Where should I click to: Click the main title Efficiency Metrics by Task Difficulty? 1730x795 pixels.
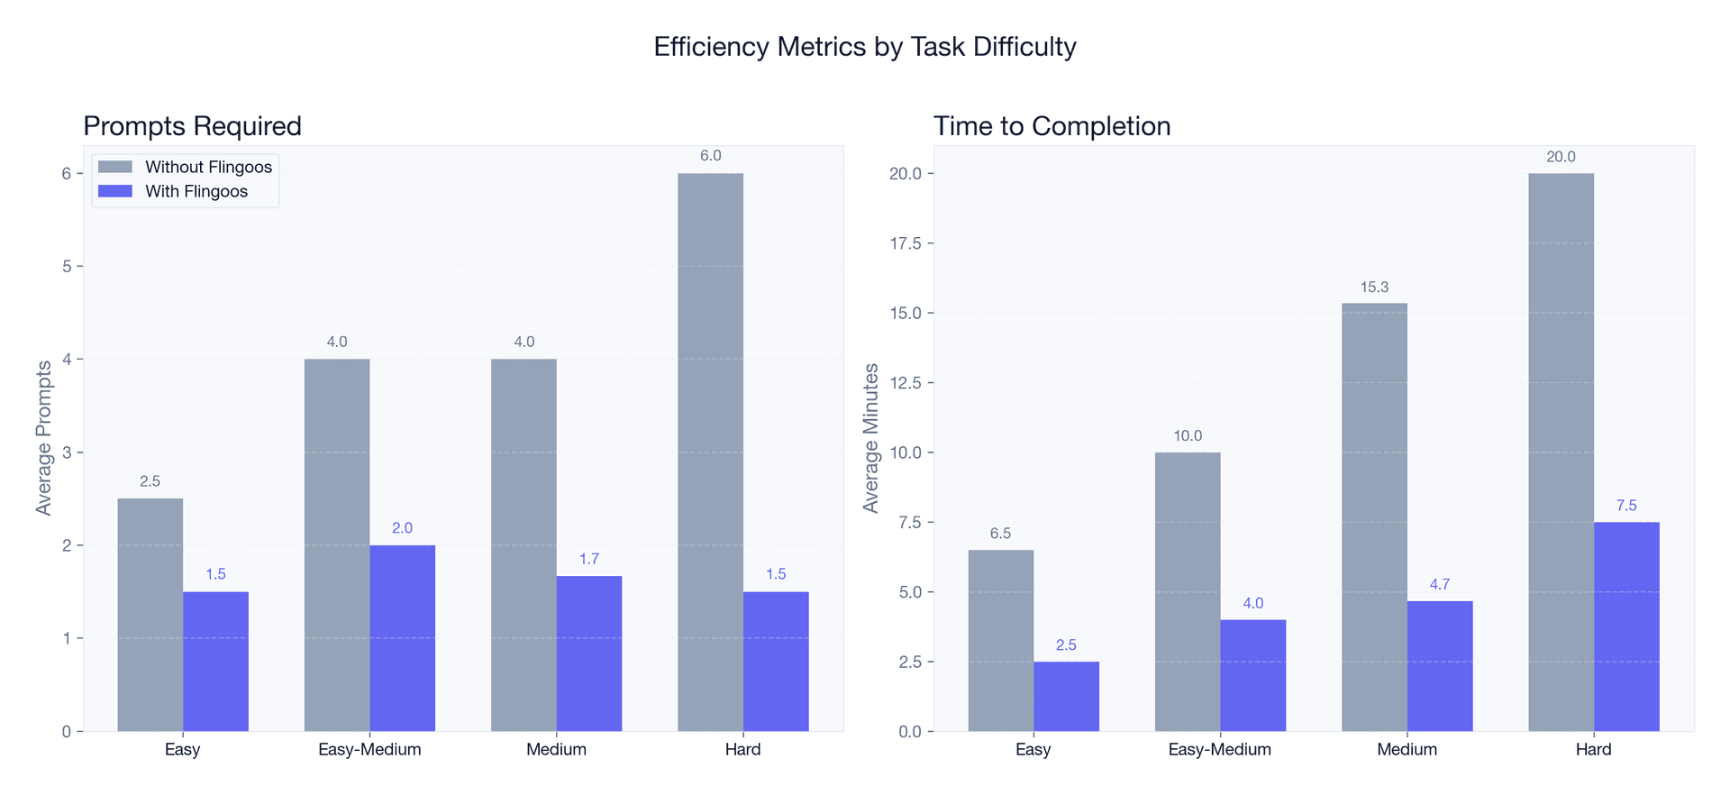pyautogui.click(x=864, y=47)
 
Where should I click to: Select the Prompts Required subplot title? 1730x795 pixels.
pyautogui.click(x=192, y=126)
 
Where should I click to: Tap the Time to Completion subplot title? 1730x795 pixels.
pyautogui.click(x=1052, y=126)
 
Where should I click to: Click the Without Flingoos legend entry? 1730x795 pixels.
pyautogui.click(x=207, y=168)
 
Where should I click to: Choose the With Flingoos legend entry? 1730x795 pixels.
pyautogui.click(x=196, y=192)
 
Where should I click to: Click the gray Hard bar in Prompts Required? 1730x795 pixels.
pyautogui.click(x=710, y=451)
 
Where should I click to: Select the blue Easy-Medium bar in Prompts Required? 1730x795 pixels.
pyautogui.click(x=402, y=638)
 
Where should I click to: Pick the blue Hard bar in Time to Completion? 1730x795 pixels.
pyautogui.click(x=1625, y=626)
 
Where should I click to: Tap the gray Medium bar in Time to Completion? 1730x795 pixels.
pyautogui.click(x=1374, y=517)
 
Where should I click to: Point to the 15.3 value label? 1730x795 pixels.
pyautogui.click(x=1374, y=288)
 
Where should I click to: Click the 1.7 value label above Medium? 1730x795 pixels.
pyautogui.click(x=588, y=560)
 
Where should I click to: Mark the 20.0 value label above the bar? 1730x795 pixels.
pyautogui.click(x=1561, y=157)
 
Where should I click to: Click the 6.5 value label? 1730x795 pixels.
pyautogui.click(x=1000, y=534)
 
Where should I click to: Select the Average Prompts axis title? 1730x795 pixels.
pyautogui.click(x=43, y=438)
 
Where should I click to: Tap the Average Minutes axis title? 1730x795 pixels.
pyautogui.click(x=870, y=438)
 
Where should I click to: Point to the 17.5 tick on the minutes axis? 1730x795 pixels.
pyautogui.click(x=906, y=243)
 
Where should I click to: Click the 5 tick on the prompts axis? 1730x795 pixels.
pyautogui.click(x=67, y=267)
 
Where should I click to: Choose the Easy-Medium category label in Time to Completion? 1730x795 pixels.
pyautogui.click(x=1219, y=750)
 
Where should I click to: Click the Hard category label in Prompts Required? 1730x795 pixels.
pyautogui.click(x=742, y=750)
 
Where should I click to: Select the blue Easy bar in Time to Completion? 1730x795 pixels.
pyautogui.click(x=1066, y=697)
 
